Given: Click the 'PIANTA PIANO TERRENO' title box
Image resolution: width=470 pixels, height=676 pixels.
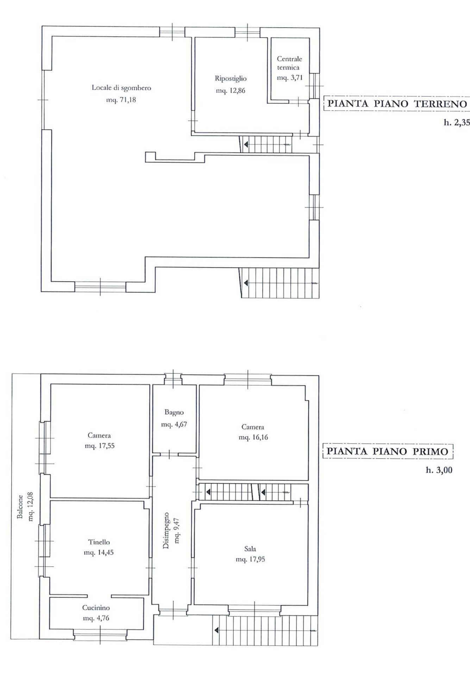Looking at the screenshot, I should pos(397,104).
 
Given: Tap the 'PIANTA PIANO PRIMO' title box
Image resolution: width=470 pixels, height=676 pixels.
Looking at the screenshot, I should pos(388,451).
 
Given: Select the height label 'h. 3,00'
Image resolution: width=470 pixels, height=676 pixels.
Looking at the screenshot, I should pos(439,470).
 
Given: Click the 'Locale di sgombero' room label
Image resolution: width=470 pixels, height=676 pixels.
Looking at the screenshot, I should pos(121,88).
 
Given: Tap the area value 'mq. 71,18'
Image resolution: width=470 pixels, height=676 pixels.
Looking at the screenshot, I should pos(121,100).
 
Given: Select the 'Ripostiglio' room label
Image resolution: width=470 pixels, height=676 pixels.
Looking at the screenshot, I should pos(231,79).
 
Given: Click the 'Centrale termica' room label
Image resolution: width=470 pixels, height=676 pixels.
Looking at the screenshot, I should pos(289,63).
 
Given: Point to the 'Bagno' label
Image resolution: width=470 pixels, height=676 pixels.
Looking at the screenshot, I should pos(174,412).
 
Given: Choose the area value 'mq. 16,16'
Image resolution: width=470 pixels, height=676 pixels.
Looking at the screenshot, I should pos(252,437).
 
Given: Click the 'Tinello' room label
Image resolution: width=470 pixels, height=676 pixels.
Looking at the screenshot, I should pos(99,542).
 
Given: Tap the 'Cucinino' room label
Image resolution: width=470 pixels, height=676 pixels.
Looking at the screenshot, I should pos(96,608).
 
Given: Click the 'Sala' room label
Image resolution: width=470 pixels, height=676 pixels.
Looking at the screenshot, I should pos(250,549).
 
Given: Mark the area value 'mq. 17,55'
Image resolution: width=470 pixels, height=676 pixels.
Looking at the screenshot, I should pos(99,446).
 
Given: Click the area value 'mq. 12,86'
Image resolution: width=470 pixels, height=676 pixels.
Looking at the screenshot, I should pos(230,90).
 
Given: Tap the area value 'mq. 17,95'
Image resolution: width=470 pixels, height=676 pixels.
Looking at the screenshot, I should pos(250,559).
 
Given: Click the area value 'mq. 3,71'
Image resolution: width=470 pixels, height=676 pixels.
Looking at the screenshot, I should pos(289,78).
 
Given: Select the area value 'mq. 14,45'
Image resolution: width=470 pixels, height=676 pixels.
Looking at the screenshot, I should pos(99,552).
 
